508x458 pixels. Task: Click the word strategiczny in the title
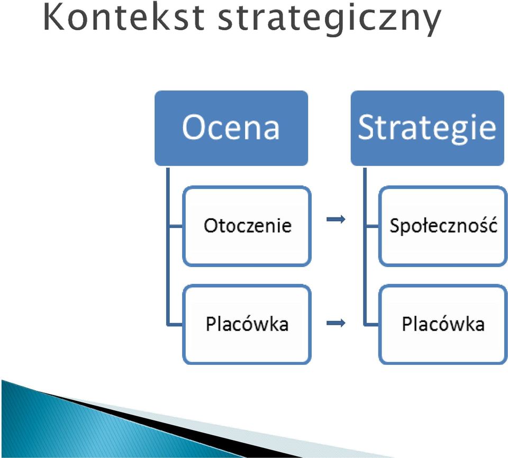[330, 20]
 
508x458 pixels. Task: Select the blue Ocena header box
[231, 129]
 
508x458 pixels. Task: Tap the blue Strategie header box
[428, 129]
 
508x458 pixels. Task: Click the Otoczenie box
[247, 226]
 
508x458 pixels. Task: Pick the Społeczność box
[443, 226]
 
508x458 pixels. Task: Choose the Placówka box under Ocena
[247, 324]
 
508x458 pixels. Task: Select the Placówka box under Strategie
[443, 324]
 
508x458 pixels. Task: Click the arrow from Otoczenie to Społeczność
[336, 219]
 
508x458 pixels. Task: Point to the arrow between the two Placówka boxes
[336, 323]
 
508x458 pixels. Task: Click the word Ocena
[231, 127]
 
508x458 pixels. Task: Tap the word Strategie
[427, 129]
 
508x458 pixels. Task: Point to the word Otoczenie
[248, 225]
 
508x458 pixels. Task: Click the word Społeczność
[443, 225]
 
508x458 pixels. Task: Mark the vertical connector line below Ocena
[168, 246]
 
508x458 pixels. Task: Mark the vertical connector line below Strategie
[365, 246]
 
